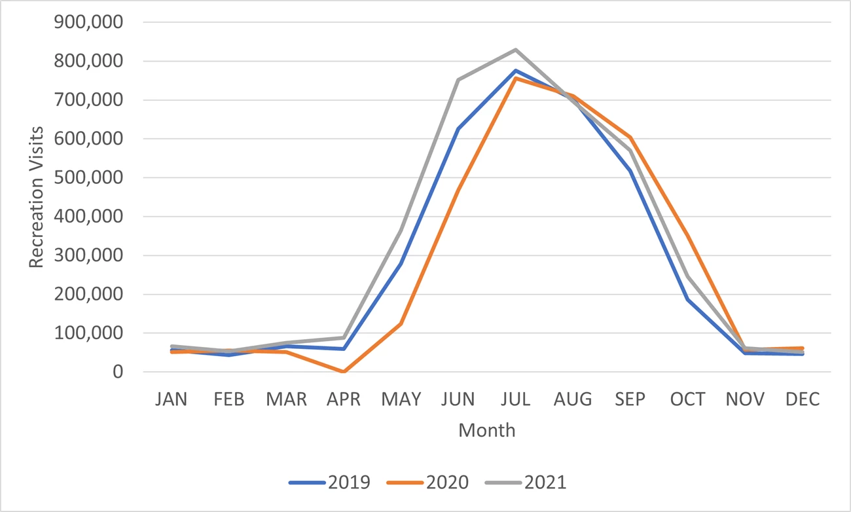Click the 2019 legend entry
pos(330,483)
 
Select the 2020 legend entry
pos(428,483)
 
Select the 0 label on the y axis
pos(118,372)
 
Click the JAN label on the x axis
pos(171,399)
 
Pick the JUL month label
pos(516,399)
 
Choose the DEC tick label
pos(803,399)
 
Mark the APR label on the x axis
pos(343,399)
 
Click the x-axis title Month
pos(487,430)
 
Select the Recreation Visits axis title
pos(37,197)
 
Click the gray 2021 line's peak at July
pos(516,50)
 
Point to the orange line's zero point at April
pos(343,371)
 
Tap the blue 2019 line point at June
pos(458,129)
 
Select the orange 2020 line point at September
pos(630,137)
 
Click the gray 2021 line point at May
pos(401,231)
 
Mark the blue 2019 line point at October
pos(688,299)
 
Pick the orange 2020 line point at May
pos(401,323)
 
